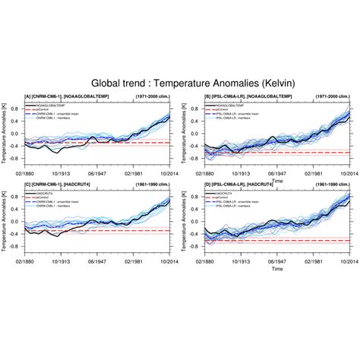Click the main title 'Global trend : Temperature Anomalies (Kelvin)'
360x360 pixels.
(179, 81)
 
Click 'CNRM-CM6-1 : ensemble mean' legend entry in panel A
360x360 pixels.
(73, 112)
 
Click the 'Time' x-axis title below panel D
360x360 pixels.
(270, 269)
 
